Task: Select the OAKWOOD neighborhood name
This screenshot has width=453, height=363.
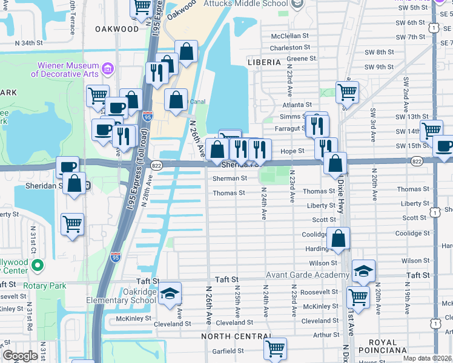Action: pos(116,28)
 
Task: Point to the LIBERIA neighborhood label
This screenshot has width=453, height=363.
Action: pos(264,62)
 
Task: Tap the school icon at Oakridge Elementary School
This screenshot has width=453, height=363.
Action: pos(171,293)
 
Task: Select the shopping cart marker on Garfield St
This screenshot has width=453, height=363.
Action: pos(275,348)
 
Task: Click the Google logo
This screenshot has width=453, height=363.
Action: pos(20,356)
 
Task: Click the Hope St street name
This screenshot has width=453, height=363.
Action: pos(292,151)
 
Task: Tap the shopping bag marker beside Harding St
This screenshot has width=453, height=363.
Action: pos(339,239)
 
